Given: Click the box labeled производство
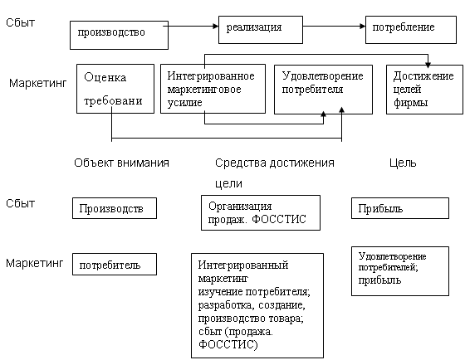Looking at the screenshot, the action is coord(119,35).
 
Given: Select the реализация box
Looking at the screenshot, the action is coord(261,30).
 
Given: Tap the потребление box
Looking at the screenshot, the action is coord(411,30).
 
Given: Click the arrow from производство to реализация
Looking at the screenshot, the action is coord(191,26).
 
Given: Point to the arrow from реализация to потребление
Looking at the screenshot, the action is coord(334,26).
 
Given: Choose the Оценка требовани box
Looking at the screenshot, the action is coord(115,89).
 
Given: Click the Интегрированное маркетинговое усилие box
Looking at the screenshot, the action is coord(213,89).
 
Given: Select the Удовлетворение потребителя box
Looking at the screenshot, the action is coord(323,90).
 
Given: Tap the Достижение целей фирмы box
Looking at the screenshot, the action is coord(424,90).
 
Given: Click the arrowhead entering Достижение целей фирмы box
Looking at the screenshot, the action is coord(428,65).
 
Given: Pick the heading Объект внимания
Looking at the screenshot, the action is coord(121,163).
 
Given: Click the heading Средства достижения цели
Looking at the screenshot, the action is coord(275,173).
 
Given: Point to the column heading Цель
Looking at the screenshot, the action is coord(403,163).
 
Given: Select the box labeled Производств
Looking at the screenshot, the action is coord(115,208).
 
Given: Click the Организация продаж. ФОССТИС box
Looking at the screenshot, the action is coord(261,212).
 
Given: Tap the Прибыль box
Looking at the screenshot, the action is coord(400,208).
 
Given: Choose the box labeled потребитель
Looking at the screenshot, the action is coord(115,265).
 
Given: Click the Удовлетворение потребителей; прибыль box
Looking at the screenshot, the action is coord(400,271).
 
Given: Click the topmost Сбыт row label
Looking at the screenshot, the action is coord(20,22).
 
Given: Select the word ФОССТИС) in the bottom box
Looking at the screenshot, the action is coord(228,344).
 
